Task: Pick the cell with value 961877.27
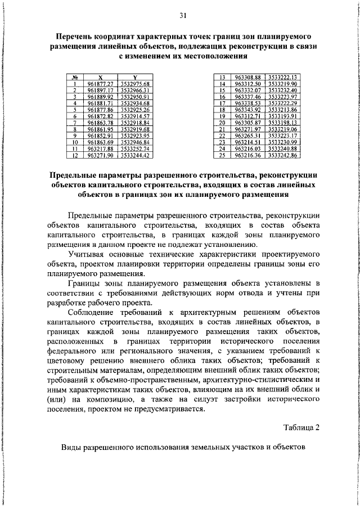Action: (100, 83)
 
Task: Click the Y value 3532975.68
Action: (134, 83)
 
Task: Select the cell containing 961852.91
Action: (100, 136)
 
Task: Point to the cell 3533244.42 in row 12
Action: (134, 155)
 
